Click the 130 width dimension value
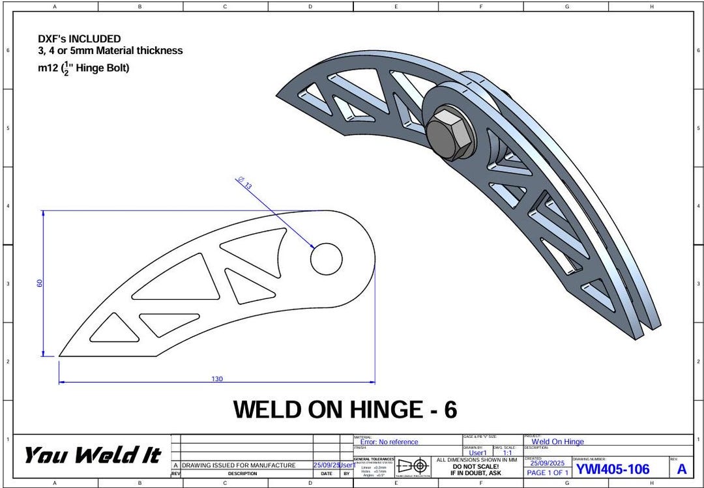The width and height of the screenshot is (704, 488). click(x=217, y=379)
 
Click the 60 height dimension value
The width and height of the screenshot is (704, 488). click(x=40, y=283)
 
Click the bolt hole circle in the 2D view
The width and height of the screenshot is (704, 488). click(x=326, y=259)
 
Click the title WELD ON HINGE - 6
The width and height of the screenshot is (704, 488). click(x=345, y=410)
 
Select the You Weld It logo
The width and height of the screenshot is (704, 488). click(x=92, y=455)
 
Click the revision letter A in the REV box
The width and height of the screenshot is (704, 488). click(x=681, y=469)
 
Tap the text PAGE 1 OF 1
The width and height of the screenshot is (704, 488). click(x=548, y=472)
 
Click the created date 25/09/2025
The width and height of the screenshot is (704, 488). click(x=548, y=463)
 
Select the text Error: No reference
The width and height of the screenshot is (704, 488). click(x=389, y=442)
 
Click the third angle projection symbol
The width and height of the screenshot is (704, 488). click(x=413, y=466)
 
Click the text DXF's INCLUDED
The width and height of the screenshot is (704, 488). click(x=79, y=39)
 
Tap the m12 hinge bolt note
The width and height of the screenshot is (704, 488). click(x=83, y=67)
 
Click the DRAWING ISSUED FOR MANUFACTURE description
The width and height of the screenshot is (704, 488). click(x=239, y=465)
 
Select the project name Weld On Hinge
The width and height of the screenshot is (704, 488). click(x=557, y=442)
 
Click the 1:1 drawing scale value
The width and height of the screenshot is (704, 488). click(x=507, y=453)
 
